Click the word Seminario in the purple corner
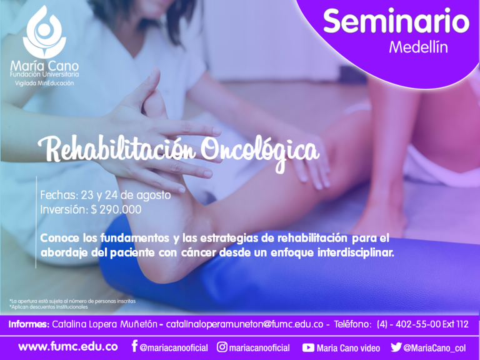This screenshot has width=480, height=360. tap(396, 21)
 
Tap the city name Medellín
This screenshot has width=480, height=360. tap(419, 47)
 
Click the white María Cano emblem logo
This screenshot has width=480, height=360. tap(44, 31)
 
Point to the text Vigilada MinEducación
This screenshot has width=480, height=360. tap(44, 83)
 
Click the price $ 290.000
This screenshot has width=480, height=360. tap(116, 210)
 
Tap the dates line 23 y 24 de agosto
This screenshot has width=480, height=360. tap(126, 195)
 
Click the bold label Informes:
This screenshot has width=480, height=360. tap(29, 324)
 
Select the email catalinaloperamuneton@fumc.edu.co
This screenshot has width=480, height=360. tap(244, 324)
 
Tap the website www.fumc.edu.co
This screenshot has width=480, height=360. tap(68, 347)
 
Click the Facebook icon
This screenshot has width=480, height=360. tap(134, 346)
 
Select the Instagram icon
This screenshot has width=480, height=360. tap(222, 347)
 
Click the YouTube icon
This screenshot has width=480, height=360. tap(308, 347)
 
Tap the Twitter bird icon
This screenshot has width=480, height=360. tap(396, 347)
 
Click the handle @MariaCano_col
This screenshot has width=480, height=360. tap(435, 348)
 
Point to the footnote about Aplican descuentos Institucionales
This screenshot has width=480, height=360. tap(49, 307)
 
